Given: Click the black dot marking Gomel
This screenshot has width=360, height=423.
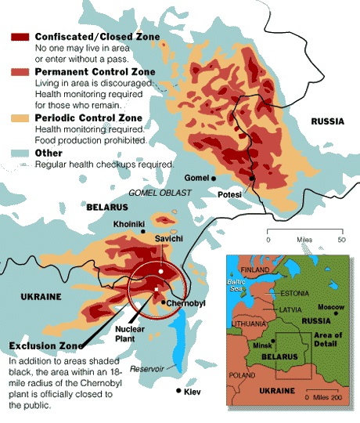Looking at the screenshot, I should point(214,179).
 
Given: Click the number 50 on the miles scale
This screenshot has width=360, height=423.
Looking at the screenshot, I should point(340,239).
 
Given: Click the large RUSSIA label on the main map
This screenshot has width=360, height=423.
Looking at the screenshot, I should point(328,121).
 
